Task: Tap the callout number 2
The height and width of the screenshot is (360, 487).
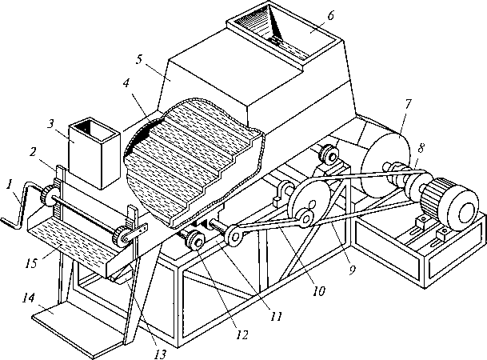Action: click(34, 152)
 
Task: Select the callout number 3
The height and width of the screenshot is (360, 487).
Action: click(51, 125)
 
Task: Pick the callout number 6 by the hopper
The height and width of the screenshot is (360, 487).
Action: click(330, 15)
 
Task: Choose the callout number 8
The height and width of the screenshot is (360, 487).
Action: click(421, 149)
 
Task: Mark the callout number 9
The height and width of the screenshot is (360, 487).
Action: click(352, 270)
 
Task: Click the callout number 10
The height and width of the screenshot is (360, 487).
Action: click(318, 291)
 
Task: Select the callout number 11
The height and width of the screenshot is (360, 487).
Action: click(276, 316)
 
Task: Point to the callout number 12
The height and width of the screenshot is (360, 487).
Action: click(242, 335)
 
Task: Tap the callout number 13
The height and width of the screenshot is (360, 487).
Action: click(160, 354)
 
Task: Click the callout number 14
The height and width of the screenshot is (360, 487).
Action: click(29, 299)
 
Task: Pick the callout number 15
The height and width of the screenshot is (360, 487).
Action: click(32, 262)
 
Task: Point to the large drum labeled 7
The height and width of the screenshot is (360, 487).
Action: click(385, 165)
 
